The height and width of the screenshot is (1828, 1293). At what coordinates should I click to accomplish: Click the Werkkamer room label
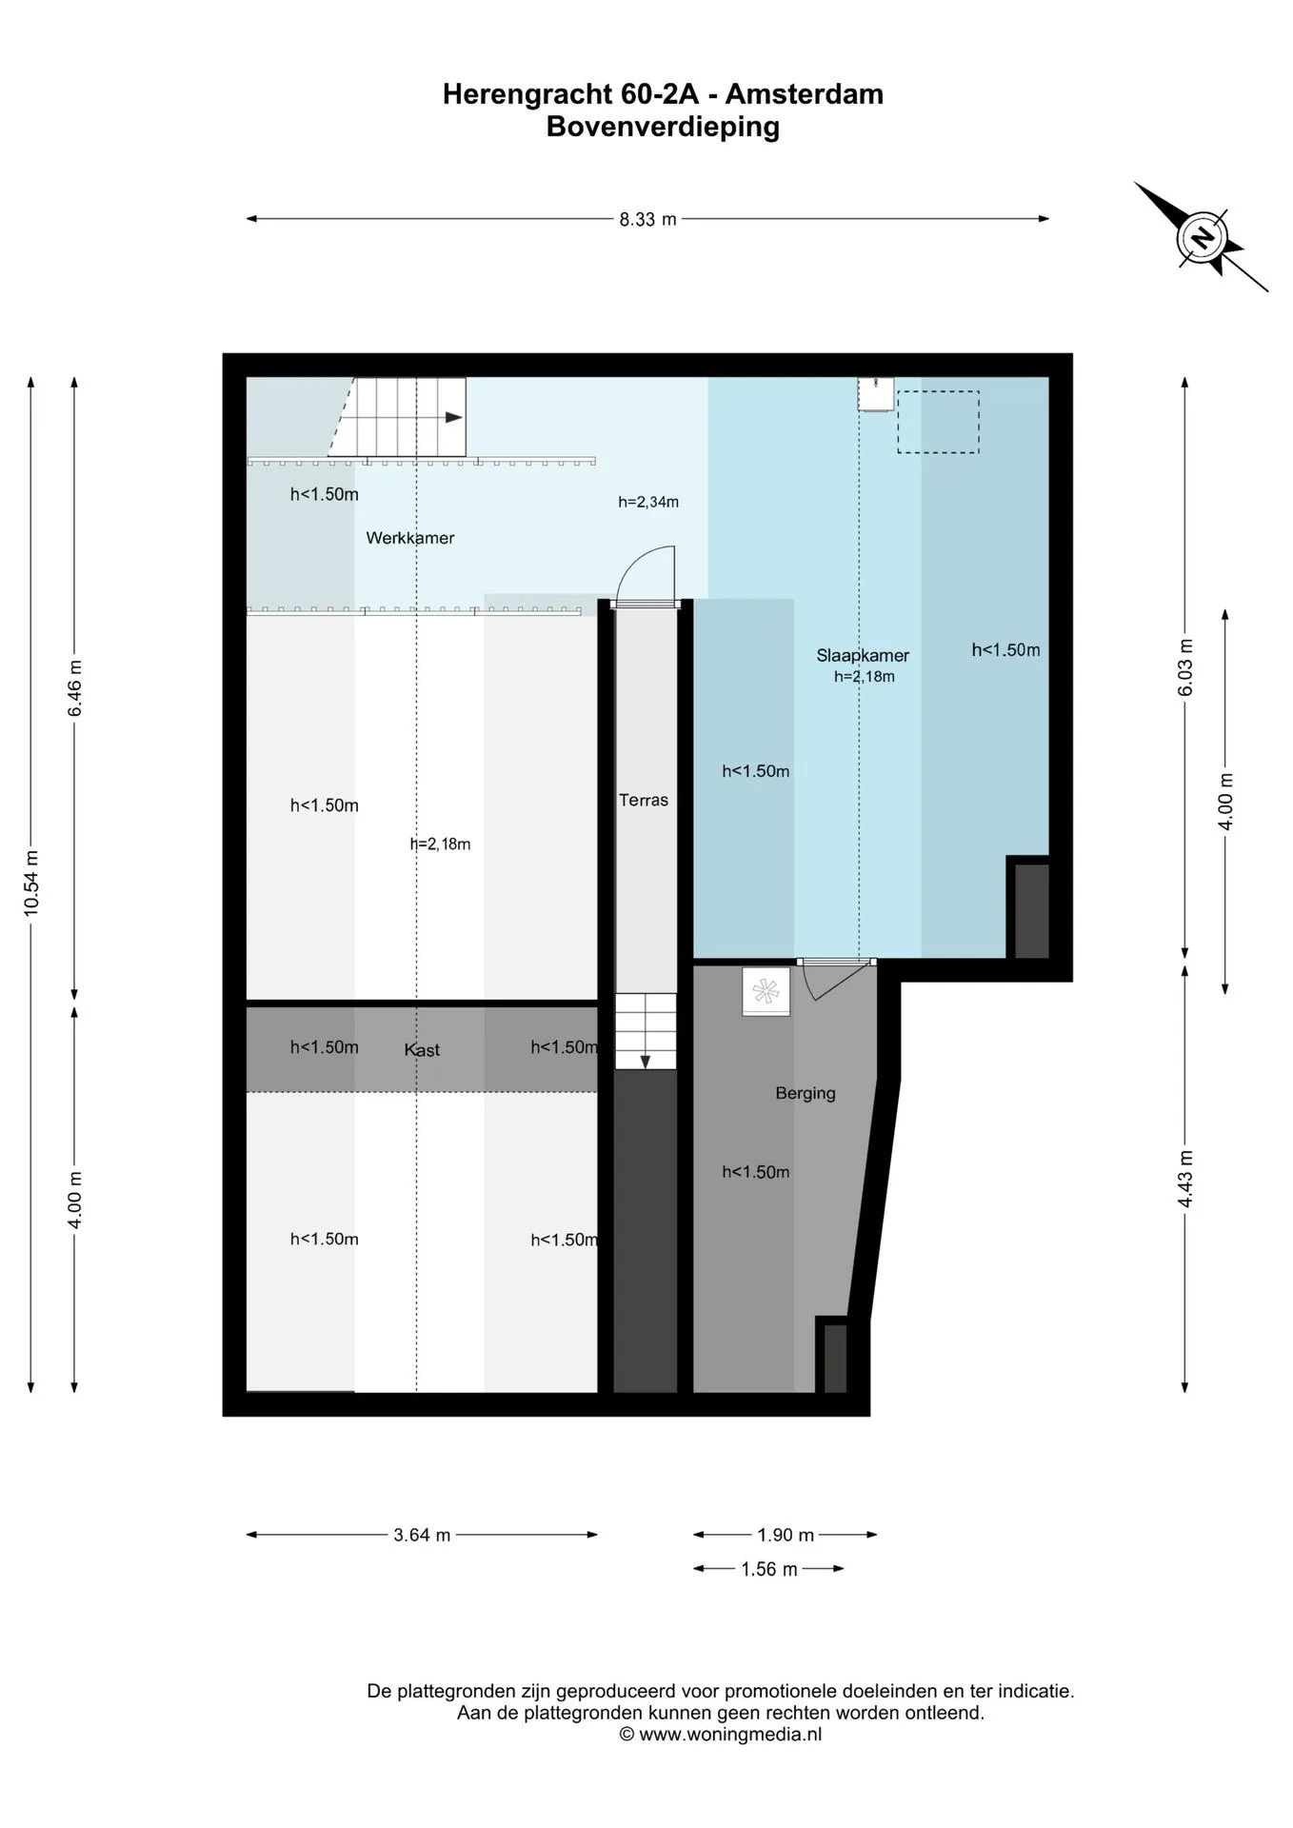pyautogui.click(x=410, y=538)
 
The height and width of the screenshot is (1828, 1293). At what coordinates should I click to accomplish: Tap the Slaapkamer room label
pyautogui.click(x=863, y=656)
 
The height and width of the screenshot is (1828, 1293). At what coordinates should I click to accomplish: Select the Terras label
pyautogui.click(x=644, y=801)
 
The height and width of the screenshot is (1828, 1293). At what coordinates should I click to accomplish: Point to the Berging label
pyautogui.click(x=806, y=1094)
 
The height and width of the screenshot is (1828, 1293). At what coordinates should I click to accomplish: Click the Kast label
pyautogui.click(x=422, y=1050)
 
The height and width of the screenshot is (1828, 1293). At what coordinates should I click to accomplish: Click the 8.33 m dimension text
pyautogui.click(x=648, y=219)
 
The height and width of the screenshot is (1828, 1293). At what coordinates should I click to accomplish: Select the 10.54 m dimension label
pyautogui.click(x=31, y=883)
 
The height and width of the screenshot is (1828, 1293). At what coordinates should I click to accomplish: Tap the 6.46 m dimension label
pyautogui.click(x=75, y=688)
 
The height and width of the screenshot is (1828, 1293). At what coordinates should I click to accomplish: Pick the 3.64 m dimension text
pyautogui.click(x=422, y=1535)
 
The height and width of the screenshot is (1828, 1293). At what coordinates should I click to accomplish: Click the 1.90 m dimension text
pyautogui.click(x=786, y=1535)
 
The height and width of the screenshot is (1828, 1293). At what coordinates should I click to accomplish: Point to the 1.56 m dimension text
pyautogui.click(x=769, y=1569)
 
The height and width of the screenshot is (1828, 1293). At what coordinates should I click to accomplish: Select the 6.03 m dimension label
pyautogui.click(x=1185, y=667)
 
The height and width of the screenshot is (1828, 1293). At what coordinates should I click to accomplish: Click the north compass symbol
pyautogui.click(x=1202, y=236)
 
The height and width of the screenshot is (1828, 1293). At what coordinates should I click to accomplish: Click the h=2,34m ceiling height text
pyautogui.click(x=648, y=502)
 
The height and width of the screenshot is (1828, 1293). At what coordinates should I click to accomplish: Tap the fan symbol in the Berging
pyautogui.click(x=766, y=992)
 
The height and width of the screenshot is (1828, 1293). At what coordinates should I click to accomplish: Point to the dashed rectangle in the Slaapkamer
pyautogui.click(x=938, y=422)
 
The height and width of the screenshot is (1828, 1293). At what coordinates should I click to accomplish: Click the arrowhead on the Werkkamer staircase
pyautogui.click(x=454, y=417)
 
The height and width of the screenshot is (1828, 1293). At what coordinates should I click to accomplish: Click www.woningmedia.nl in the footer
pyautogui.click(x=730, y=1734)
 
